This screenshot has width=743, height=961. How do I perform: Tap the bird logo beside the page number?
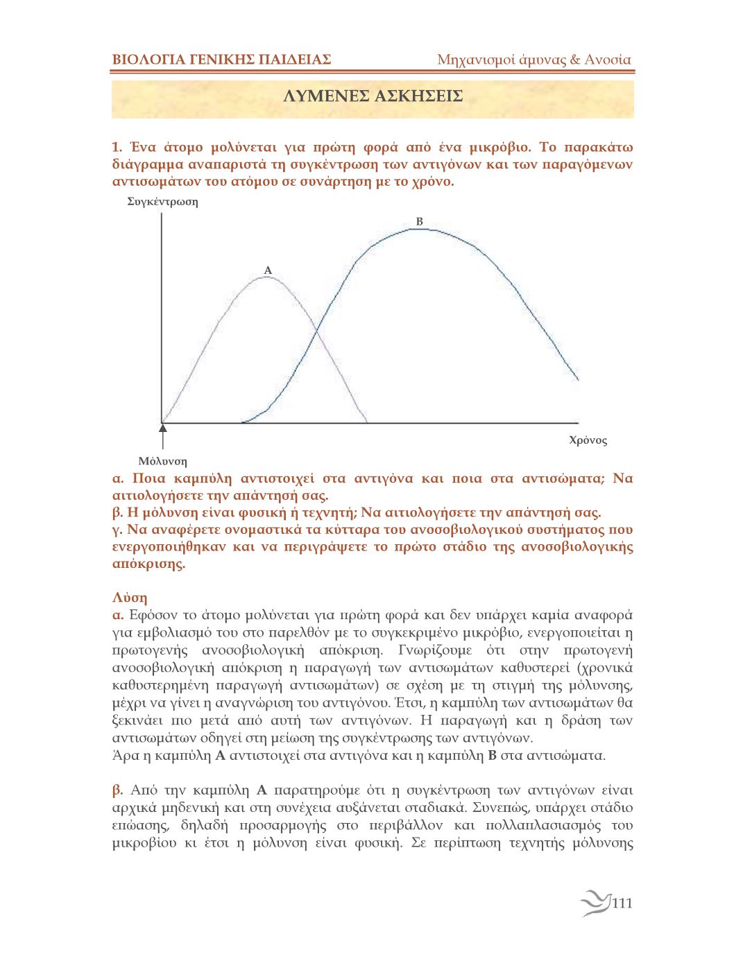pos(595,903)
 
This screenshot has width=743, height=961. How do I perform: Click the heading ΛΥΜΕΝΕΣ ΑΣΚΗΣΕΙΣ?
pos(373,96)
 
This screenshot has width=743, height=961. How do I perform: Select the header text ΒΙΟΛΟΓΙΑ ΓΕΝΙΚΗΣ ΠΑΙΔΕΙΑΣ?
pos(221,60)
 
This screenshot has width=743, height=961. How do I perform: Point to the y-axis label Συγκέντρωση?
pos(162,202)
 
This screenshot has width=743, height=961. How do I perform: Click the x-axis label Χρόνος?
pos(588,440)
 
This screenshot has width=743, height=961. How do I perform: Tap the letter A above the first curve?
pos(268,270)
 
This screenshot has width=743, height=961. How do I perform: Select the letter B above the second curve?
pos(419,221)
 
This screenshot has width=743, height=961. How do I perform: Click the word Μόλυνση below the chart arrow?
pos(162,461)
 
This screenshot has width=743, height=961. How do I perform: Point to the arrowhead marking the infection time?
pos(162,428)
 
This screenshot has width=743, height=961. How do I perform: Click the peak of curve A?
pos(268,277)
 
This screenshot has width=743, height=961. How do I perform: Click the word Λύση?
pos(130,598)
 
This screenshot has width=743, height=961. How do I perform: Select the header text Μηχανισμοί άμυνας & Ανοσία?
pos(533,60)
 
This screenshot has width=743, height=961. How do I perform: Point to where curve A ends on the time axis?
pos(366,422)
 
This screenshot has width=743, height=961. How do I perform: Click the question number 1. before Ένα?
pos(117,147)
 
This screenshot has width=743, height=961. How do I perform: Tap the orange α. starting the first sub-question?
pos(118,478)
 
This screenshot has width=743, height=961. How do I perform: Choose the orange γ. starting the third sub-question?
pos(117,530)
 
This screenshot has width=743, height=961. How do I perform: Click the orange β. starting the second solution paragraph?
pos(118,790)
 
